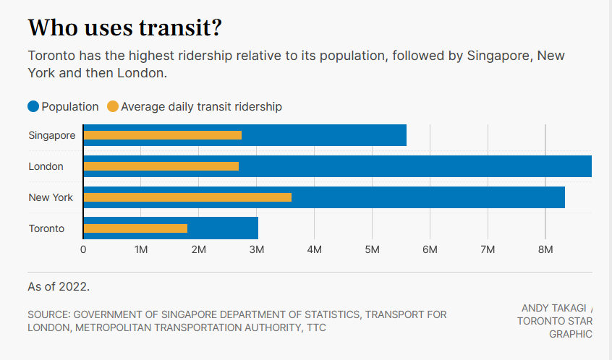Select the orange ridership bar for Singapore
[x=163, y=135]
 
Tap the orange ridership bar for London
[x=161, y=166]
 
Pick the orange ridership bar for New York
[x=187, y=197]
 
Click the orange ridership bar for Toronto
[x=135, y=228]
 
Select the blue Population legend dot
[x=33, y=107]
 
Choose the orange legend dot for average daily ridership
[x=112, y=107]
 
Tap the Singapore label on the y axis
[x=51, y=135]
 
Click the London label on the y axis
[x=46, y=166]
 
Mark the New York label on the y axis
[x=51, y=197]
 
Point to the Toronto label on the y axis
[x=46, y=228]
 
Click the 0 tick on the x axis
[x=83, y=249]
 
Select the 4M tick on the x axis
[x=314, y=249]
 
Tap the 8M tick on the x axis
[x=545, y=249]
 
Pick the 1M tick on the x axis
[x=141, y=249]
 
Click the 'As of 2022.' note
[x=59, y=286]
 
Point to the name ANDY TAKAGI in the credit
[x=553, y=308]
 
